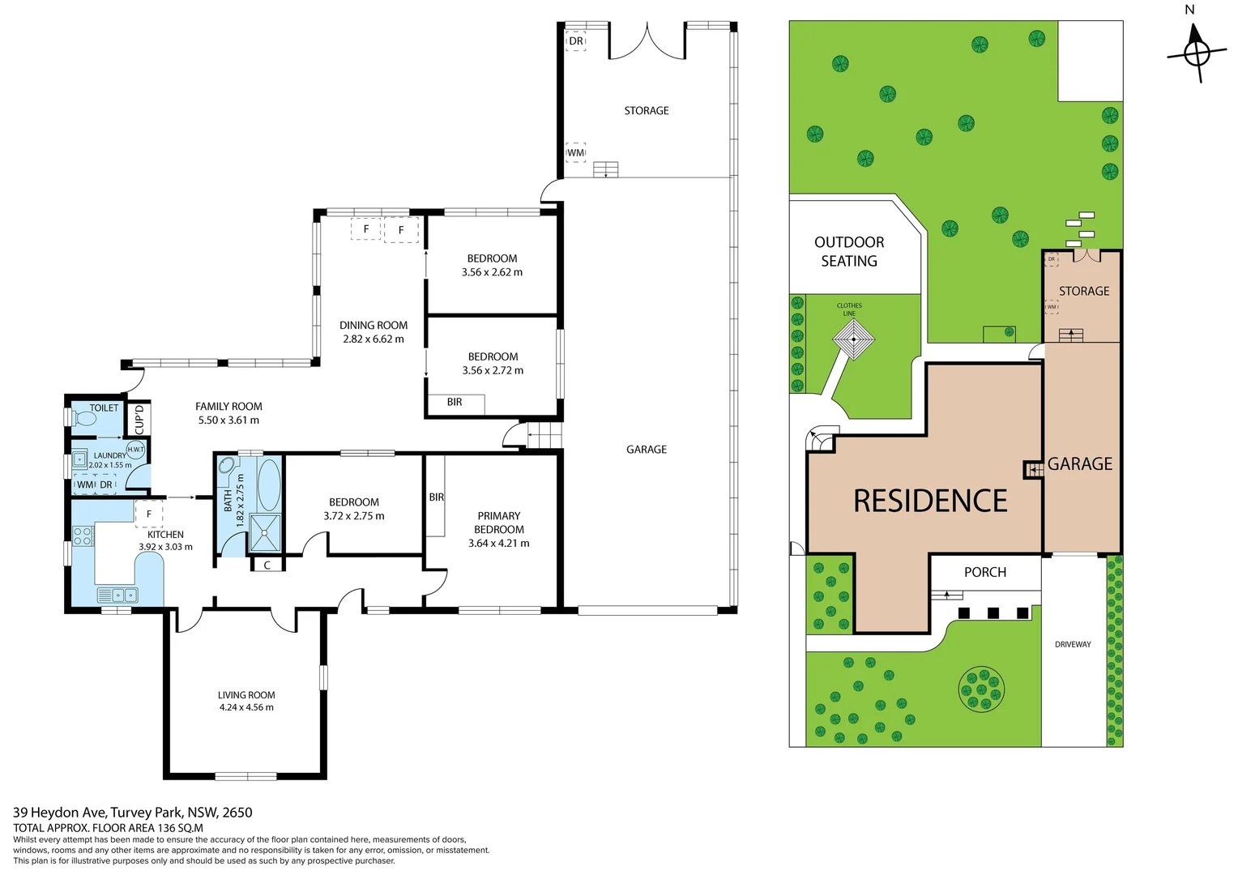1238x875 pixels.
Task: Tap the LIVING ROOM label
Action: tap(246, 695)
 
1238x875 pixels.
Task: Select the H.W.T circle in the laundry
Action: tap(135, 450)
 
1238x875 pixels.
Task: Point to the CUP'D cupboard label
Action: tap(139, 420)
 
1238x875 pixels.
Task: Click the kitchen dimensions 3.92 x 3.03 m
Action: tap(165, 547)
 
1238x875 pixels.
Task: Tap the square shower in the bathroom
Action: tap(265, 533)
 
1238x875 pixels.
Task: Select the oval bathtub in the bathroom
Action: tap(269, 484)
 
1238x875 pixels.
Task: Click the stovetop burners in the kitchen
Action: tap(83, 536)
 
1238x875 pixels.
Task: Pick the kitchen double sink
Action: tap(117, 595)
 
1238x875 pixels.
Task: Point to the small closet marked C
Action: tap(267, 565)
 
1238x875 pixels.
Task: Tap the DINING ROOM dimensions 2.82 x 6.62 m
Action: tap(373, 339)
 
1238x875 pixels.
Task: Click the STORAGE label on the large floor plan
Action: tap(646, 110)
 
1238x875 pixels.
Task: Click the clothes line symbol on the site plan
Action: tap(853, 339)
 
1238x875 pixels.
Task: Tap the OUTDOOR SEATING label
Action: tap(849, 251)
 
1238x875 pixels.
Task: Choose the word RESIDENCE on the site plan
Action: tap(930, 500)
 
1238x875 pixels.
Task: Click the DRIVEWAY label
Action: tap(1073, 644)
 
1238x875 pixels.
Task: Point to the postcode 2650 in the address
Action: tap(237, 812)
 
